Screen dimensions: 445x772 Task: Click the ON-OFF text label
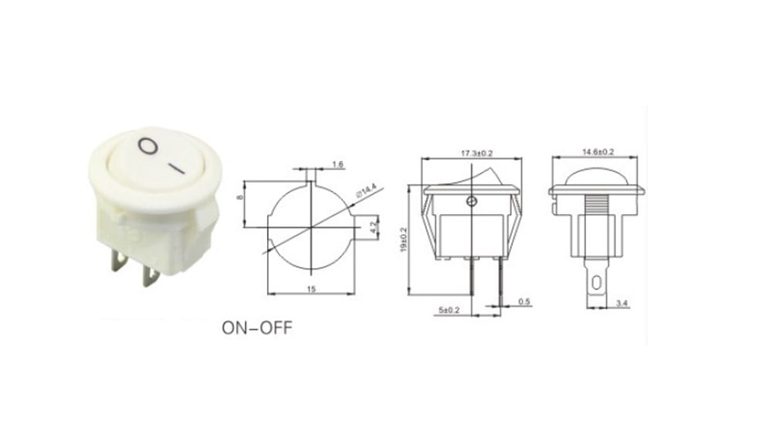pyautogui.click(x=257, y=327)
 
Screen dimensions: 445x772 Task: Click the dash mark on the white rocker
pyautogui.click(x=178, y=165)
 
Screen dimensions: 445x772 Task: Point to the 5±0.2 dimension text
pyautogui.click(x=447, y=311)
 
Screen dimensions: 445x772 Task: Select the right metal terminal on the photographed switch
pyautogui.click(x=151, y=274)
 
